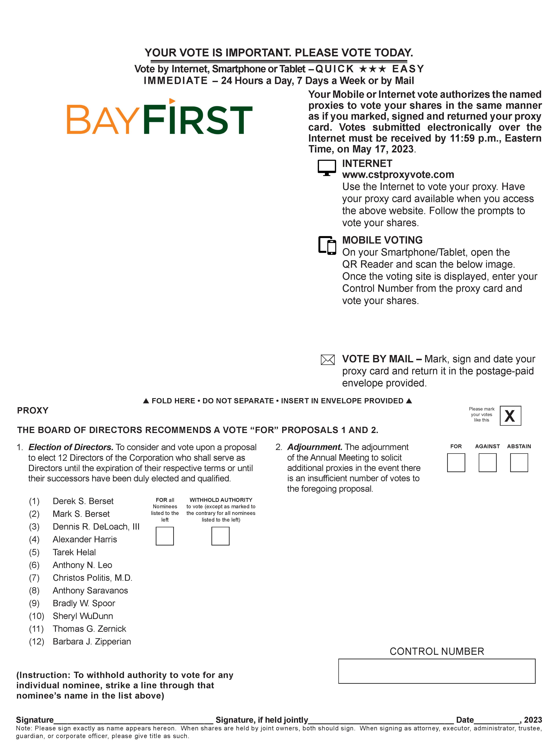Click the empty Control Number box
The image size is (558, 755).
tap(436, 671)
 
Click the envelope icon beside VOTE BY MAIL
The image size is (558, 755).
tap(327, 360)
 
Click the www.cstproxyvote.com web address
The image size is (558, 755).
tap(398, 175)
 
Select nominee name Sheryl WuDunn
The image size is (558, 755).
tap(83, 616)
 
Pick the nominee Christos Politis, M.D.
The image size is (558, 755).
tap(92, 578)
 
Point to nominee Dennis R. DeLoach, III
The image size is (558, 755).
tap(96, 527)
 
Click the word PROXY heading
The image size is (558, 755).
tap(33, 411)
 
